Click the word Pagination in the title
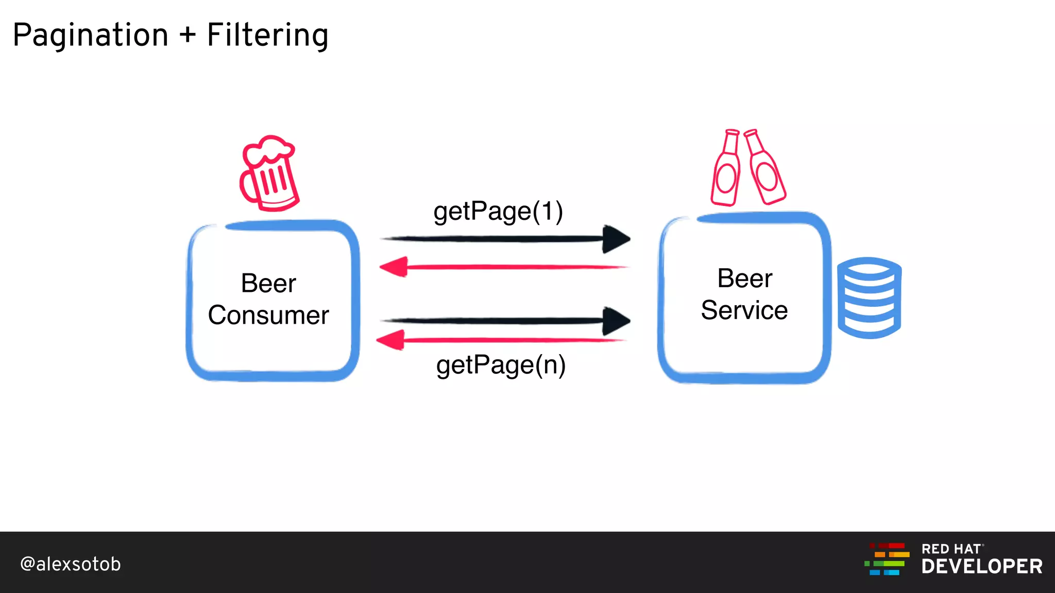coord(91,35)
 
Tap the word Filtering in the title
coord(267,35)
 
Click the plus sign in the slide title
coord(188,35)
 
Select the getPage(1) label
coord(498,211)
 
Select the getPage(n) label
coord(501,365)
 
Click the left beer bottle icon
coord(726,169)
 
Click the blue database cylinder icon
coord(869,298)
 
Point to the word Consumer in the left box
coord(268,315)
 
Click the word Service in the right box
coord(744,310)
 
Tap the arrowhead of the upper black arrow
coord(616,239)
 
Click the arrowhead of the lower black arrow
coord(616,321)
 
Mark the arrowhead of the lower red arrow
coord(391,340)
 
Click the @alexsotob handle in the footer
coord(71,564)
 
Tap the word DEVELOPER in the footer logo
coord(982,567)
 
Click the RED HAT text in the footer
coord(951,549)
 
